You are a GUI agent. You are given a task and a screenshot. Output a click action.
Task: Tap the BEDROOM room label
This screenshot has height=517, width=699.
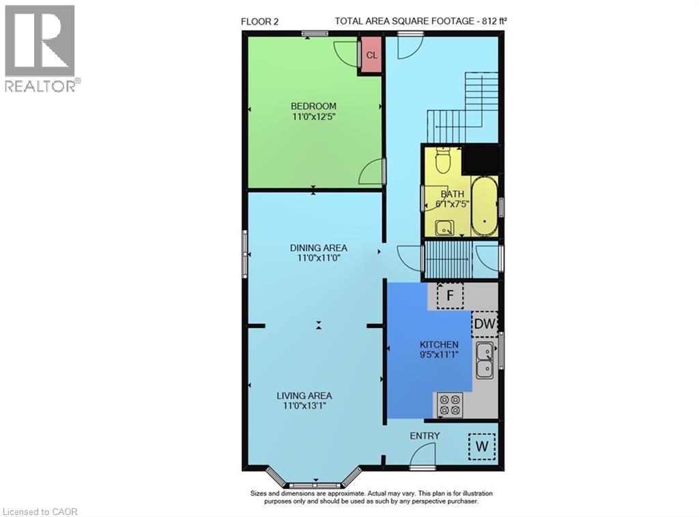313,106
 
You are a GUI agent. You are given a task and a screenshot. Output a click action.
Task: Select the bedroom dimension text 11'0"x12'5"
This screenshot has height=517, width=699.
313,117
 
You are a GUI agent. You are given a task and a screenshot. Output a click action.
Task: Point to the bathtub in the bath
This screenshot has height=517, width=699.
484,205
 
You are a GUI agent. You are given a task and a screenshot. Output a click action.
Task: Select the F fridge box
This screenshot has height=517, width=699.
449,296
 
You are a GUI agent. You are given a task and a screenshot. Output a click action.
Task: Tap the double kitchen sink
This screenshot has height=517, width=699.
485,361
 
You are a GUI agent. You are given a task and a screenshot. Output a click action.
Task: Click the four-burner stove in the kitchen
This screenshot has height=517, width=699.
449,405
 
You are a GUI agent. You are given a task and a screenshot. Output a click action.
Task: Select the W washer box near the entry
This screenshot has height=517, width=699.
482,447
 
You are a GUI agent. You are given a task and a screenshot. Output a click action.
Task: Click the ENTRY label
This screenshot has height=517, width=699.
425,436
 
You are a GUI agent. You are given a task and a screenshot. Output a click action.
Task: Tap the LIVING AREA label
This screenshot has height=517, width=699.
304,396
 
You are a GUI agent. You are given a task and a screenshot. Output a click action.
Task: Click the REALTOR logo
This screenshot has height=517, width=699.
40,48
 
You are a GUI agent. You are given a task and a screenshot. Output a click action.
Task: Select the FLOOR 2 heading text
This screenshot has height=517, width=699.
260,20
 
